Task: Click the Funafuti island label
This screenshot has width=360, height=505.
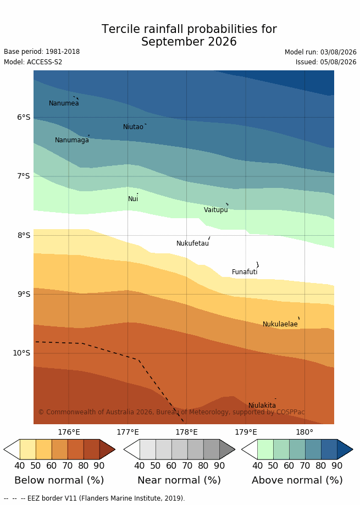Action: (245, 272)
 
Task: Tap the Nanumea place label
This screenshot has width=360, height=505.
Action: (64, 103)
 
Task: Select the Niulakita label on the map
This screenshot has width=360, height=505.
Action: (262, 406)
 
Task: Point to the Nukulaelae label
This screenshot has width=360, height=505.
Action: (280, 324)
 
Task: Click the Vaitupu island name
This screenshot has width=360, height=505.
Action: (216, 210)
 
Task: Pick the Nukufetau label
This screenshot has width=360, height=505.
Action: (192, 243)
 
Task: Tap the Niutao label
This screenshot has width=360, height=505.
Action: (133, 127)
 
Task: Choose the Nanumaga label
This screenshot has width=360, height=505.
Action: (72, 140)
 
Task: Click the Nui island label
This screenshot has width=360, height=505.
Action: (133, 199)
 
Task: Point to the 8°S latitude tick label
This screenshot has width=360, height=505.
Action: (24, 235)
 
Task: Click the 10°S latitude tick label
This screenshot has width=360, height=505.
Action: (21, 353)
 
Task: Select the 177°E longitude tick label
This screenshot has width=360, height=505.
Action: (128, 432)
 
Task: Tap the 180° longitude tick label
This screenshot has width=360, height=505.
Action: (304, 432)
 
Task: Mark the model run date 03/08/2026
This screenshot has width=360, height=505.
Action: (339, 52)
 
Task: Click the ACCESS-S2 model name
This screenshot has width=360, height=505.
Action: (45, 62)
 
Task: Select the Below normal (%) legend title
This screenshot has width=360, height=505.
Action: (59, 480)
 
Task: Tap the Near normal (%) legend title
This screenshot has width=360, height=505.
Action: (179, 480)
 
